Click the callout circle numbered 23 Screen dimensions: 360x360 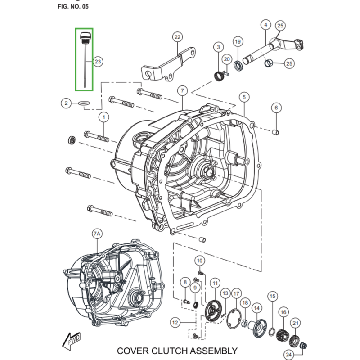(x=98, y=62)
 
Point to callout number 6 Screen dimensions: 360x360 (x=276, y=108)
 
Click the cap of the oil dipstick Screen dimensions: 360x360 (x=84, y=35)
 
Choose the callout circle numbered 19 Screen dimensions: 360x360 (x=238, y=42)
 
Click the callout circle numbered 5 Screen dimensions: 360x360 (x=244, y=97)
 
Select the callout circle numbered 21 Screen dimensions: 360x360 (x=296, y=323)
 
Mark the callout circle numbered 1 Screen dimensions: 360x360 (x=104, y=118)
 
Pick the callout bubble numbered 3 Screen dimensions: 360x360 (x=218, y=47)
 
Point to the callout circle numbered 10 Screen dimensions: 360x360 (x=200, y=261)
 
